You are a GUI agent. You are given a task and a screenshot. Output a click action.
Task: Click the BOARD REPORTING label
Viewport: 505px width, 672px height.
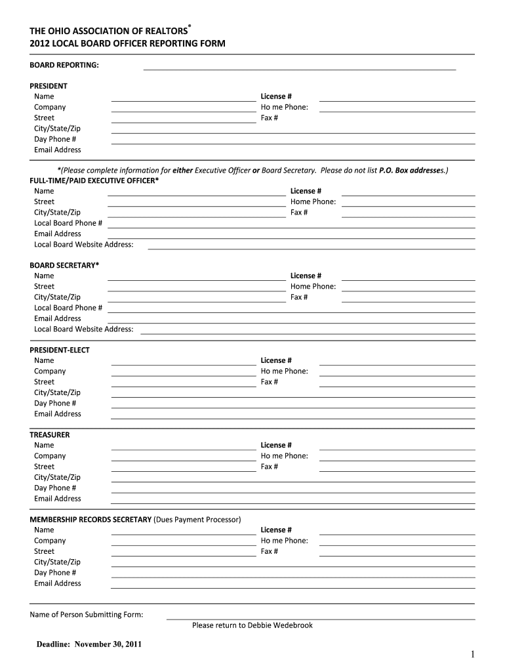(64, 65)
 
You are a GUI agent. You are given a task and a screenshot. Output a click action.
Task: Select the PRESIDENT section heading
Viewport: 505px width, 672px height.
(49, 86)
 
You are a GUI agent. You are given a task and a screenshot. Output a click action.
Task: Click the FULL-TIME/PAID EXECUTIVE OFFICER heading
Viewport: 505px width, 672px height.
(94, 180)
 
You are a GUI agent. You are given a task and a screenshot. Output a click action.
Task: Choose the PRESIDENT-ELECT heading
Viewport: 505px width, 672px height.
(60, 350)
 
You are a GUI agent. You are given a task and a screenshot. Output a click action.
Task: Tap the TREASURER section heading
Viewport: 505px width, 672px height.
(50, 434)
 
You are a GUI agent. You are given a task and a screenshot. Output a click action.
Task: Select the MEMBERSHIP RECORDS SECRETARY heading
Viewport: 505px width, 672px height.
(91, 519)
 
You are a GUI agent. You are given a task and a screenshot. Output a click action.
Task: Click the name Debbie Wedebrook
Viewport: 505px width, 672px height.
(280, 625)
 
